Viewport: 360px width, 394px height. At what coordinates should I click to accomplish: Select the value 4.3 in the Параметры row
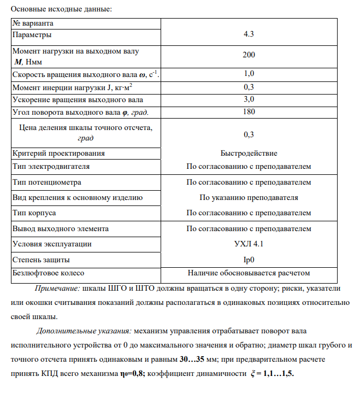(x=249, y=34)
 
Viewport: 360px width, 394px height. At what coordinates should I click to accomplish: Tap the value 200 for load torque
(x=249, y=55)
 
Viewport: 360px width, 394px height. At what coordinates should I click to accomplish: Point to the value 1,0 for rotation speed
(x=249, y=73)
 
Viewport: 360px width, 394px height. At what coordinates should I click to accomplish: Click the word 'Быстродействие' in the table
(x=249, y=154)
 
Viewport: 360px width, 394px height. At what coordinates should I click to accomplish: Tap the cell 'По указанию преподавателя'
(x=249, y=197)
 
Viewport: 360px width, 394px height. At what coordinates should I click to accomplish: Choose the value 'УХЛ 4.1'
(x=249, y=244)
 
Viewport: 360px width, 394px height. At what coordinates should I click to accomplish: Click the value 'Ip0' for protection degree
(x=249, y=260)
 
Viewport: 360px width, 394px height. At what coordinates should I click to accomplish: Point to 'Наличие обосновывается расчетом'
(x=249, y=272)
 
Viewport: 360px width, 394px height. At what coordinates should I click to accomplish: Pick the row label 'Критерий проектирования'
(x=58, y=154)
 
